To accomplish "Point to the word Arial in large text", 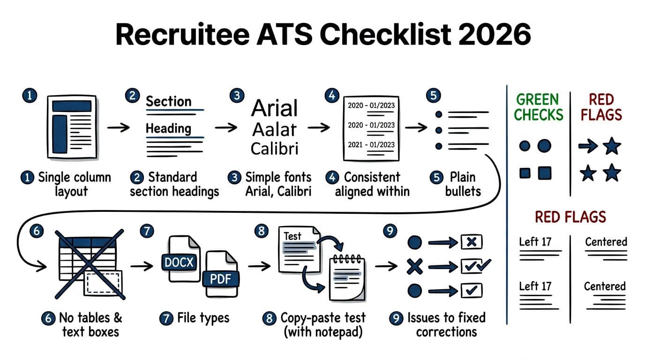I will pyautogui.click(x=274, y=108).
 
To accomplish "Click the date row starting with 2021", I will pyautogui.click(x=371, y=145).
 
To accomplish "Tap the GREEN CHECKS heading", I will pyautogui.click(x=539, y=107).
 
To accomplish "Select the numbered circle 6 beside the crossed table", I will pyautogui.click(x=36, y=231).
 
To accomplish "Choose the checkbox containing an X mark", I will pyautogui.click(x=472, y=242).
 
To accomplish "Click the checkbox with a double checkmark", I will pyautogui.click(x=474, y=266).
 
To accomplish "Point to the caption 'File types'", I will pyautogui.click(x=203, y=318).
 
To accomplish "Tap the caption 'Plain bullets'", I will pyautogui.click(x=463, y=184).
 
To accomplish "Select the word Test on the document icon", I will pyautogui.click(x=292, y=236).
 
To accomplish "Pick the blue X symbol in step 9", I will pyautogui.click(x=414, y=267).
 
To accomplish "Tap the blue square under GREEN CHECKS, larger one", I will pyautogui.click(x=544, y=173).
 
